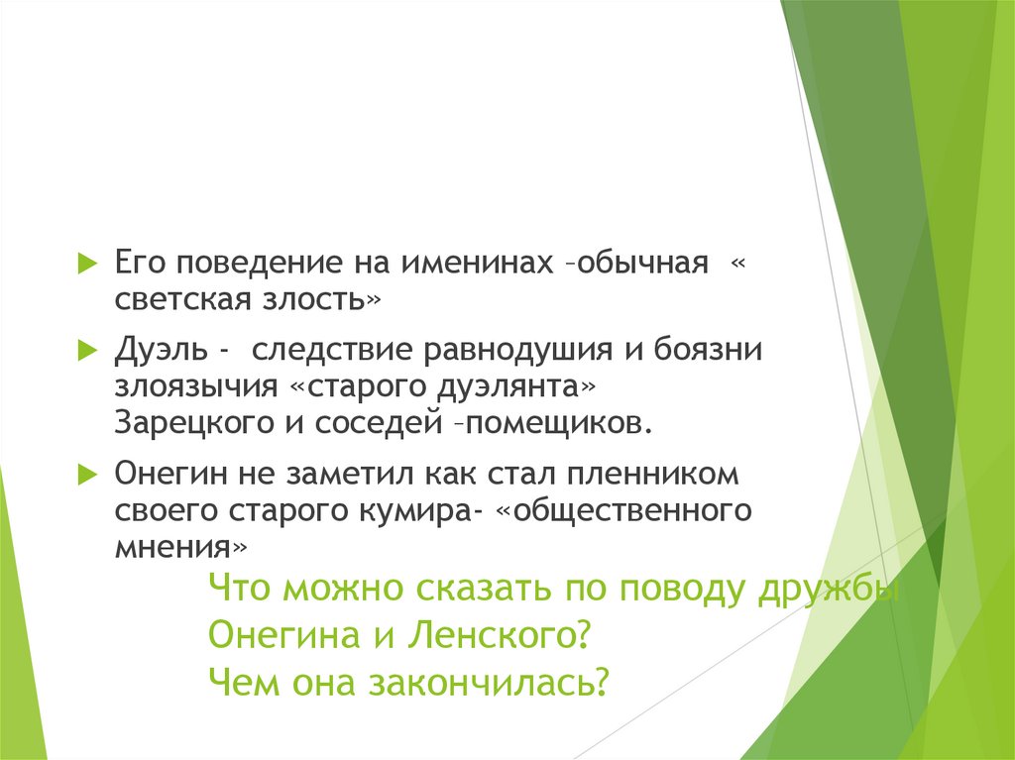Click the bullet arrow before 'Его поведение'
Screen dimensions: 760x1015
(86, 264)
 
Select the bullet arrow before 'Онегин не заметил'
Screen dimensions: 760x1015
(86, 473)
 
